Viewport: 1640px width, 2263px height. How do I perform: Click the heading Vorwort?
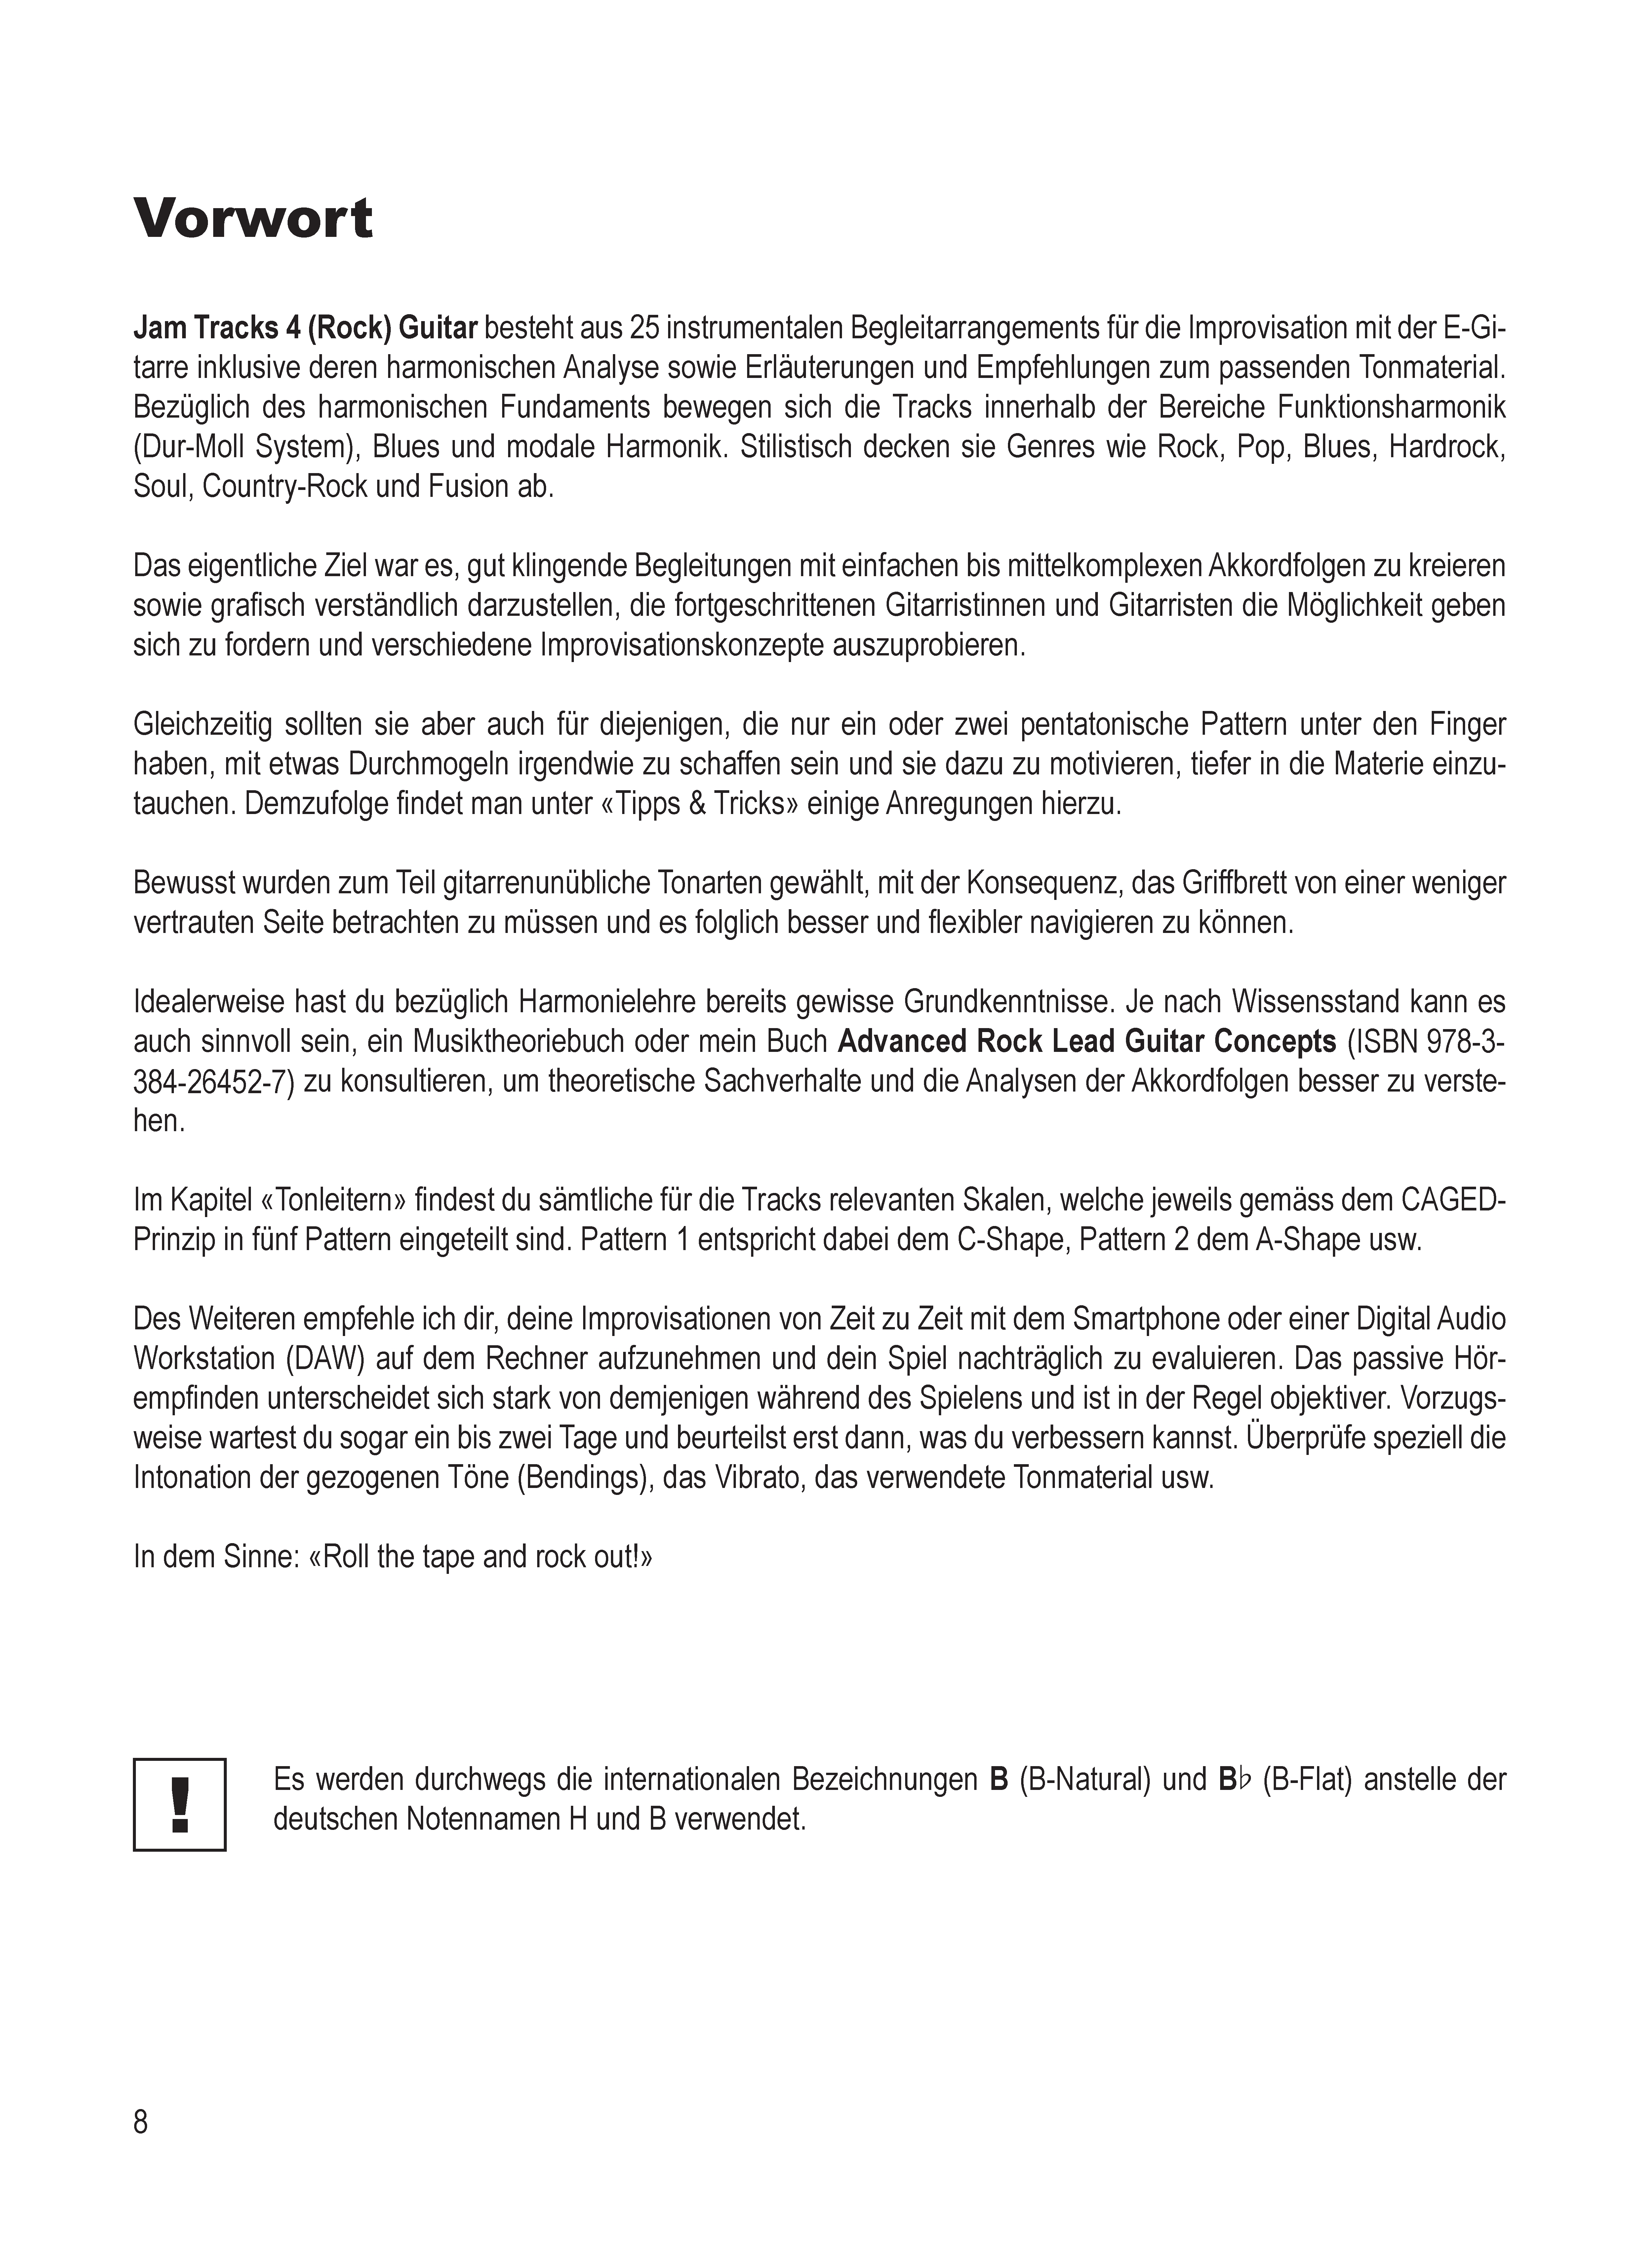tap(254, 219)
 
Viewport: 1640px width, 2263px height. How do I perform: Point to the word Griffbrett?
tap(1236, 883)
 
